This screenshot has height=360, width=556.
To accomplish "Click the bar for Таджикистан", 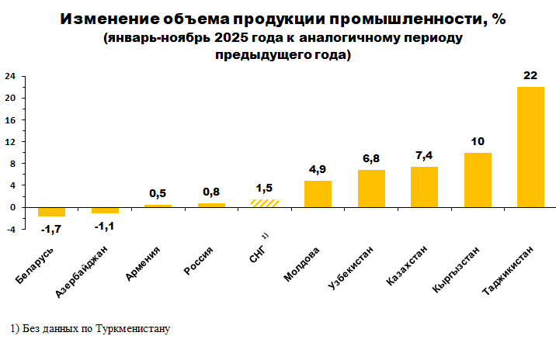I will click(x=530, y=147).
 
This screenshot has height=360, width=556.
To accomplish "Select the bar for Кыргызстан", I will click(x=478, y=180).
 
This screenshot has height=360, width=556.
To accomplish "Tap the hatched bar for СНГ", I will click(x=265, y=203).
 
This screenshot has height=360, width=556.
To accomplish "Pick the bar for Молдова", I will click(x=318, y=194).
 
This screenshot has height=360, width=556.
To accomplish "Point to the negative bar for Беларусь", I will click(x=51, y=212).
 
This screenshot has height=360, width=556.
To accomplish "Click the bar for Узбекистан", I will click(x=371, y=189).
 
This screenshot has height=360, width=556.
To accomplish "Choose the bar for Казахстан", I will click(x=424, y=187).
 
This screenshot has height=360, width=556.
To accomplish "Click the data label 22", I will click(x=530, y=76).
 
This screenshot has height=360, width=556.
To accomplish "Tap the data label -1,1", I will click(x=105, y=226).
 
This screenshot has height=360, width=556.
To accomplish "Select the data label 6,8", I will click(x=371, y=159).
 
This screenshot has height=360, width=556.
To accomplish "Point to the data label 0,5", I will click(x=158, y=193).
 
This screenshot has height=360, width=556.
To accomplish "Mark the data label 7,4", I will click(x=424, y=156).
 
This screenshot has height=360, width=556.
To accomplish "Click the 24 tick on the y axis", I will click(x=11, y=76).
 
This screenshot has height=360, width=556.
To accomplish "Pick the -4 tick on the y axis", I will click(x=11, y=229).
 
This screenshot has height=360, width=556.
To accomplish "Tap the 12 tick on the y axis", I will click(x=11, y=142).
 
